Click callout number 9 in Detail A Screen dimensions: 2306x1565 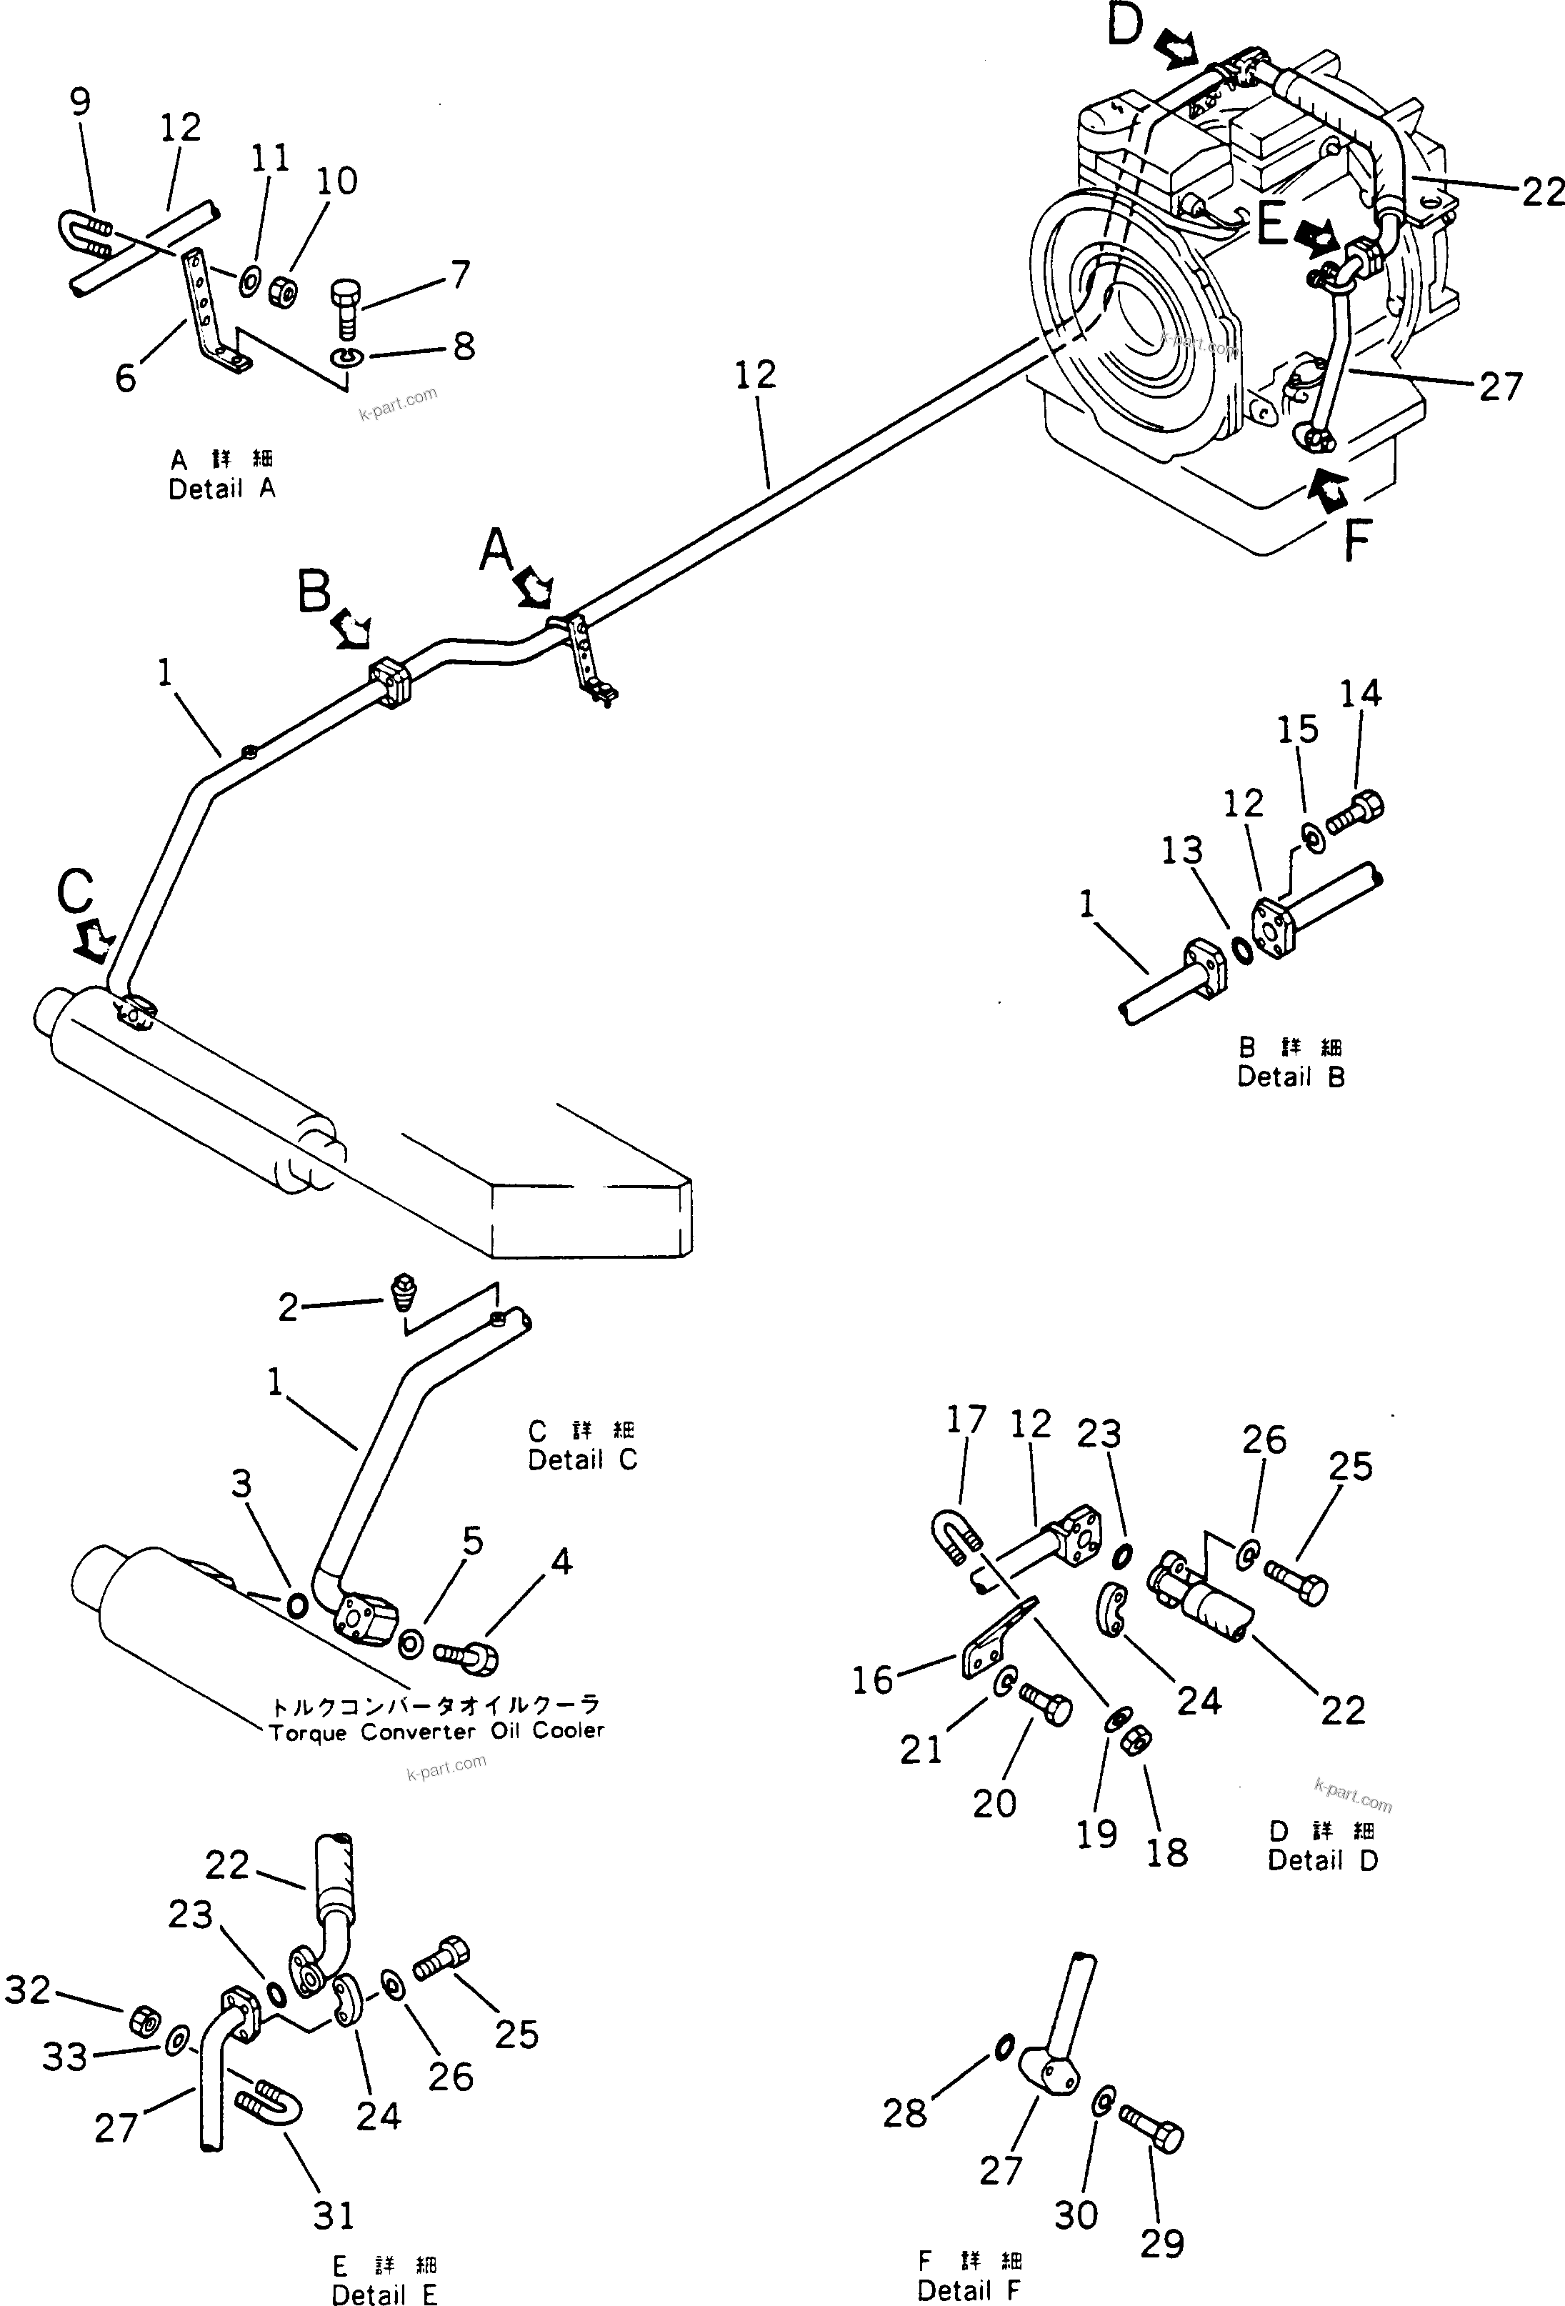click(x=81, y=101)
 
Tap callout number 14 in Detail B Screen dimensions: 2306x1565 click(x=1359, y=694)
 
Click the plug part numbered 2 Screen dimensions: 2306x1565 click(x=403, y=1291)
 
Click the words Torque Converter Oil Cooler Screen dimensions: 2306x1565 click(x=436, y=1732)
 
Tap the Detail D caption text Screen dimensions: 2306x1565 click(x=1323, y=1860)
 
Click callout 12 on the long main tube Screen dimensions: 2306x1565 click(x=755, y=375)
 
